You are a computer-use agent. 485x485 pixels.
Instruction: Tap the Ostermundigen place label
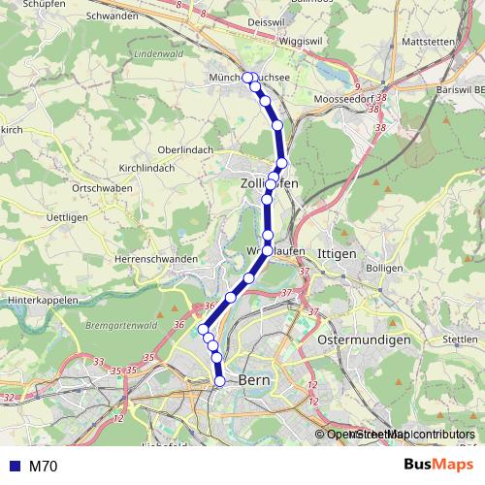click(365, 341)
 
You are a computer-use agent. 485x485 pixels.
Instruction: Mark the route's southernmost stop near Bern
click(219, 381)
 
